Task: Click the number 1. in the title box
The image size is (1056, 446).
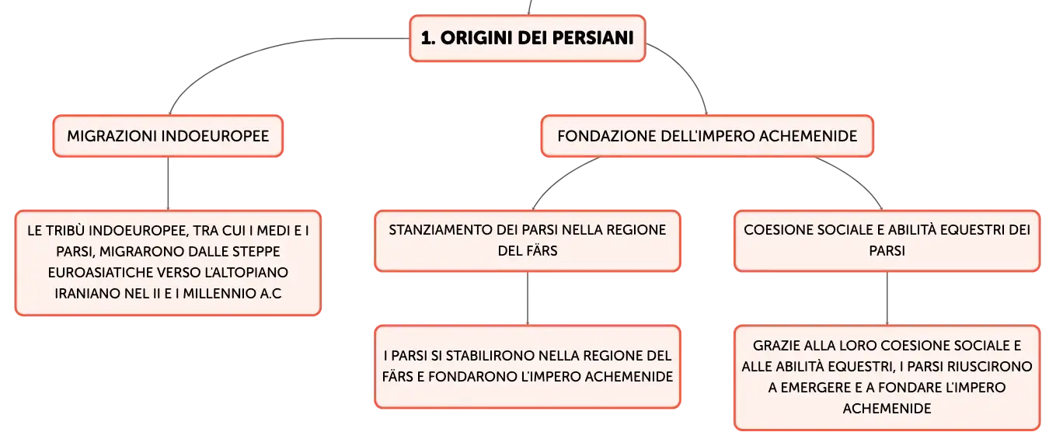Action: (x=428, y=38)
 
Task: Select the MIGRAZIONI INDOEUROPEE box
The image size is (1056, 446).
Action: (x=168, y=136)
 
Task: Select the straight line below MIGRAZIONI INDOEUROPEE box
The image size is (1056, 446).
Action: (x=168, y=183)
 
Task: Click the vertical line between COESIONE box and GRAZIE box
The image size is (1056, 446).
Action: (x=887, y=298)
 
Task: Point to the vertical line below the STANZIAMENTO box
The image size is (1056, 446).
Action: (x=528, y=298)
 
